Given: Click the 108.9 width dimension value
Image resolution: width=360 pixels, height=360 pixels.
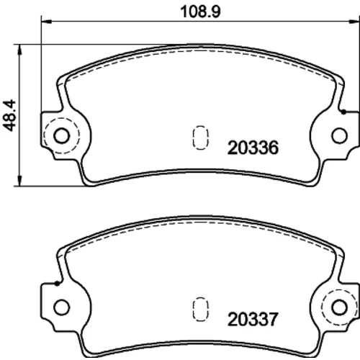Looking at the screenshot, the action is tap(200, 12).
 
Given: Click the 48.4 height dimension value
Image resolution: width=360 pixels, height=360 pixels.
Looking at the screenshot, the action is tap(9, 115).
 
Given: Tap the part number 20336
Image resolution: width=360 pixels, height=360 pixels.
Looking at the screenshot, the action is tap(253, 148).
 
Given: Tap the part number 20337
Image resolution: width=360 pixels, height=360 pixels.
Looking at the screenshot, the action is tap(253, 319).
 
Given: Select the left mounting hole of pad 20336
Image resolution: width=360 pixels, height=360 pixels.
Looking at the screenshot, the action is tap(61, 136).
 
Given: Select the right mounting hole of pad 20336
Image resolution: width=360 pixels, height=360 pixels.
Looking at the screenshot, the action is tap(339, 136).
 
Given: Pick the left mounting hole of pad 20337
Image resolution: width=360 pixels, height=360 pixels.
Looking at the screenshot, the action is tap(61, 307).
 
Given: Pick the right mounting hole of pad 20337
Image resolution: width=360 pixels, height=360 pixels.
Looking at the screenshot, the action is tap(339, 307).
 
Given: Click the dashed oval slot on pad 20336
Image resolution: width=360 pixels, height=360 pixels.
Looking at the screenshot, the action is tap(200, 138).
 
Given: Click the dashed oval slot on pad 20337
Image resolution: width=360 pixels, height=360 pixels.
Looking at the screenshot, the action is tap(200, 309).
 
